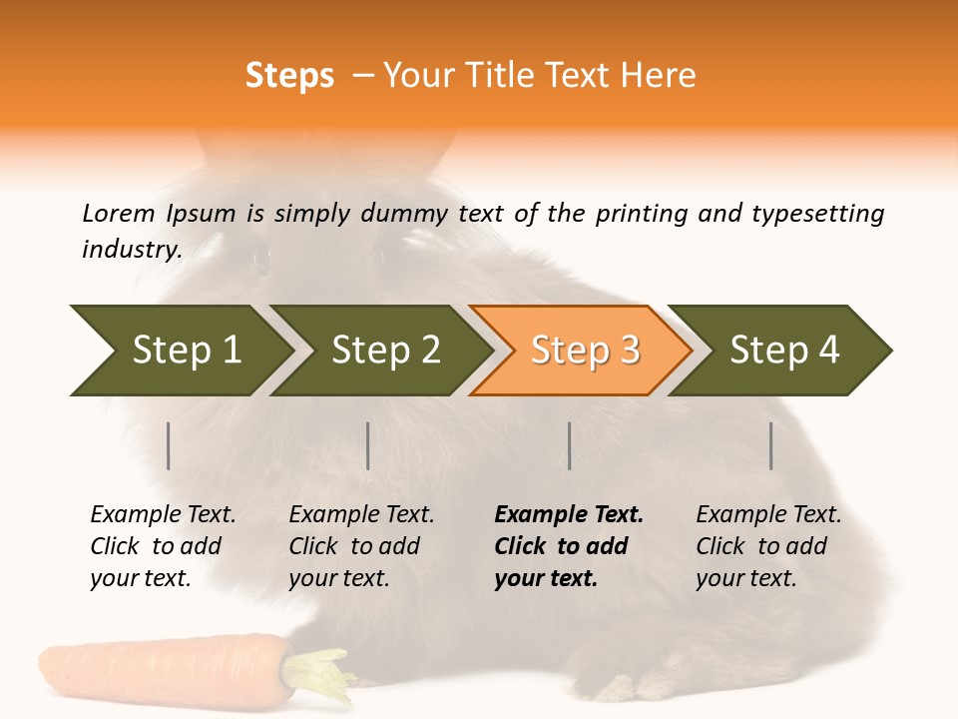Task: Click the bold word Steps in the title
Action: click(289, 76)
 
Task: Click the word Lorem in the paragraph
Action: click(119, 213)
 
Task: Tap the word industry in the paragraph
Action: click(131, 249)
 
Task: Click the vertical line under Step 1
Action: click(169, 445)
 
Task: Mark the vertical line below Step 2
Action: click(368, 445)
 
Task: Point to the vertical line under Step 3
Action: click(570, 445)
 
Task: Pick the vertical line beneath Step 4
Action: click(771, 445)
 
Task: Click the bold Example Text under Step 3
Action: click(569, 515)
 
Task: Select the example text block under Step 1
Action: click(163, 546)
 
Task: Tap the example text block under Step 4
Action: click(767, 546)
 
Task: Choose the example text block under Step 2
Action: click(361, 546)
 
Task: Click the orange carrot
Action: click(160, 671)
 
